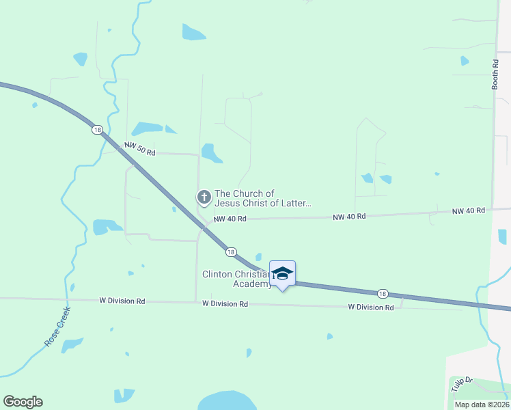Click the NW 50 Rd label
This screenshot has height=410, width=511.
pyautogui.click(x=139, y=149)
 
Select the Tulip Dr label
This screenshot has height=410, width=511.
pyautogui.click(x=461, y=383)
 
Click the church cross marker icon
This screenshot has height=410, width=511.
pyautogui.click(x=204, y=197)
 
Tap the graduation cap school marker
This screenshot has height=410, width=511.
pyautogui.click(x=282, y=273)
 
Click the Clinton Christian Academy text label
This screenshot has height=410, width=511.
pyautogui.click(x=236, y=279)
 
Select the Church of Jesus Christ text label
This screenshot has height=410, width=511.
pyautogui.click(x=263, y=198)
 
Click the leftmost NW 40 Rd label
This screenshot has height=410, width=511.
pyautogui.click(x=230, y=219)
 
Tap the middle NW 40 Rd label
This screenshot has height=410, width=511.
pyautogui.click(x=349, y=216)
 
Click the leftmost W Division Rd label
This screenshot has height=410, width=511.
pyautogui.click(x=122, y=300)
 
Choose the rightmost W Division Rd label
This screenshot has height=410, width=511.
pyautogui.click(x=371, y=307)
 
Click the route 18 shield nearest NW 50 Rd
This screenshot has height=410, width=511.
pyautogui.click(x=98, y=129)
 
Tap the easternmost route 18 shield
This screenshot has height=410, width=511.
pyautogui.click(x=383, y=293)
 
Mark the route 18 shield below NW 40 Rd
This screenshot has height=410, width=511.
pyautogui.click(x=232, y=251)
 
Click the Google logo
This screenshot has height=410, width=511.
pyautogui.click(x=23, y=402)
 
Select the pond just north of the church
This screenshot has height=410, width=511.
pyautogui.click(x=211, y=153)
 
